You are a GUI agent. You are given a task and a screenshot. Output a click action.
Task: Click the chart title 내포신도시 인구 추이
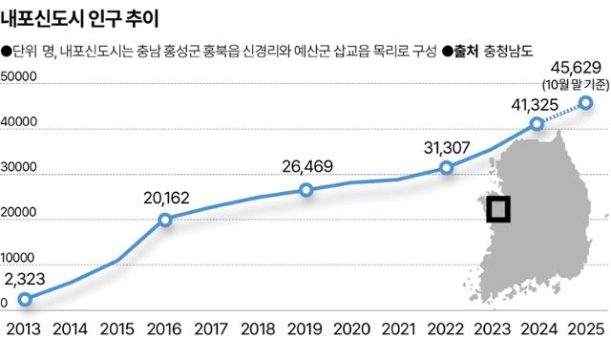[81, 18]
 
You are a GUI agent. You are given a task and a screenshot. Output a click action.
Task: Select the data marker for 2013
[25, 299]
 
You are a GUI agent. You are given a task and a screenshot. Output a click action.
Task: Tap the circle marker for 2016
[165, 220]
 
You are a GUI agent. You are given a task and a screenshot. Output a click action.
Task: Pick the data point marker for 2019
[305, 190]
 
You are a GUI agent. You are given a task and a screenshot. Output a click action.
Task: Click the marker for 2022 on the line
[446, 168]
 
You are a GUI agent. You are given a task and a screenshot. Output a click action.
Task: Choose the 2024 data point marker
[538, 124]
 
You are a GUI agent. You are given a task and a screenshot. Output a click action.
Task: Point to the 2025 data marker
[585, 102]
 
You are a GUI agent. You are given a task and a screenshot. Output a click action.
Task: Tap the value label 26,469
[307, 167]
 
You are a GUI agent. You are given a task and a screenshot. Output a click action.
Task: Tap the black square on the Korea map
[497, 208]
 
